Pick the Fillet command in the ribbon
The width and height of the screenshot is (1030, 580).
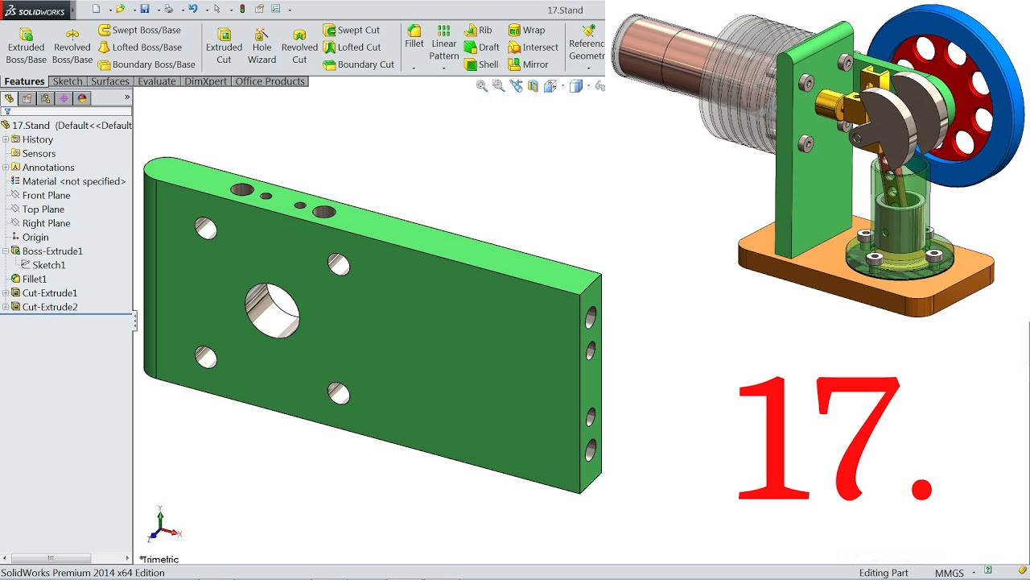point(414,36)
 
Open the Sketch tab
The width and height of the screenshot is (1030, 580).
point(68,81)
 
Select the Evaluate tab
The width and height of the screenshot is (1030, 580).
point(157,81)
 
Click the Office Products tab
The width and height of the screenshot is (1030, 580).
point(270,81)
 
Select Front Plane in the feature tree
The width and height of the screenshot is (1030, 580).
point(46,195)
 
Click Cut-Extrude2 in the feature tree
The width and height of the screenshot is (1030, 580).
point(50,307)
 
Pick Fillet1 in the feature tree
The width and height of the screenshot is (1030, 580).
point(34,279)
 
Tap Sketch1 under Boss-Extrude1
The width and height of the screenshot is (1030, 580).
point(48,265)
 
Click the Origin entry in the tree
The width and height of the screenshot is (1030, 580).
point(35,237)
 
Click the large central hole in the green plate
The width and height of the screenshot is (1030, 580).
point(272,310)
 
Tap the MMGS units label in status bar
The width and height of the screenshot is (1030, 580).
point(949,573)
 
